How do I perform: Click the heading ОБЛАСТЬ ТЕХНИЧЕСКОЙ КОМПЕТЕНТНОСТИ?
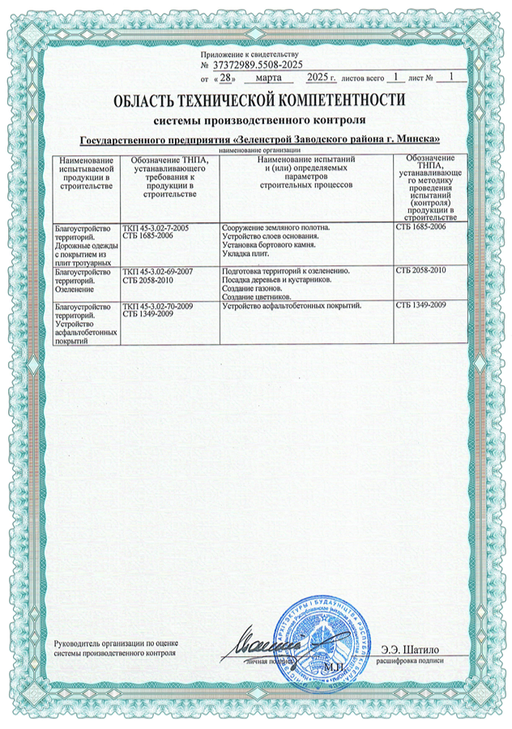point(259,100)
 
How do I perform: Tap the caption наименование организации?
point(258,150)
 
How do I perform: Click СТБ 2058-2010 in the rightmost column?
point(420,269)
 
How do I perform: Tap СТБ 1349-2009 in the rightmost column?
point(420,307)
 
